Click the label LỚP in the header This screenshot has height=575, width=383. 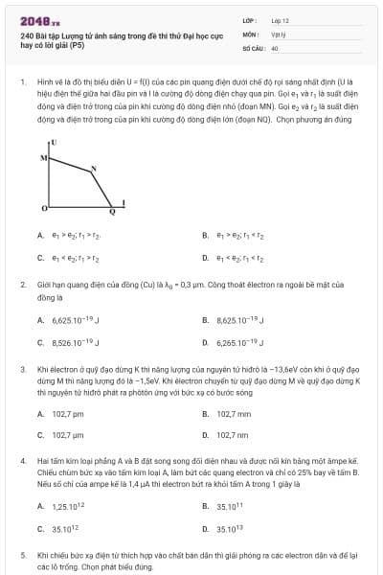coord(248,19)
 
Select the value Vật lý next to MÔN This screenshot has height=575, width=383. coord(279,33)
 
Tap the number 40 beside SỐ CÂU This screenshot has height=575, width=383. coord(275,46)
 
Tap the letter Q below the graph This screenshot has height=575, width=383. coord(110,213)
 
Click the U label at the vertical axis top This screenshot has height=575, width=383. coord(54,142)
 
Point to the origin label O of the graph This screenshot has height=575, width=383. coord(43,207)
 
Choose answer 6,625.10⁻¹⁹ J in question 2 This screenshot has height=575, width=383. coord(72,319)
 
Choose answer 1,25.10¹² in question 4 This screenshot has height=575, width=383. coord(69,506)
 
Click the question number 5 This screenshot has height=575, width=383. coord(22,554)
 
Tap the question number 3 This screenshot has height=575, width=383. coord(22,368)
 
